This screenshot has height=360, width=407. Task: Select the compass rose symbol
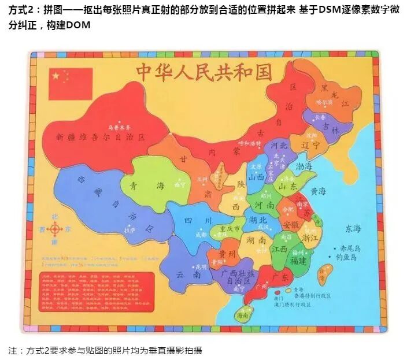[x=55, y=229]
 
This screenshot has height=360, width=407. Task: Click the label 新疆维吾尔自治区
[x=99, y=137]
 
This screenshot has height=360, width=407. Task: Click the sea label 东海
[x=353, y=227]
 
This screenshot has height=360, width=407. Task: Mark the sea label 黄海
[x=317, y=191]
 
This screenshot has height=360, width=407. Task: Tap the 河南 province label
[x=264, y=205]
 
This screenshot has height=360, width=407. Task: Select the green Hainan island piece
[x=243, y=314]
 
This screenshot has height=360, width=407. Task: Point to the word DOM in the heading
[x=77, y=27]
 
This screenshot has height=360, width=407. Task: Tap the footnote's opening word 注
[x=12, y=350]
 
